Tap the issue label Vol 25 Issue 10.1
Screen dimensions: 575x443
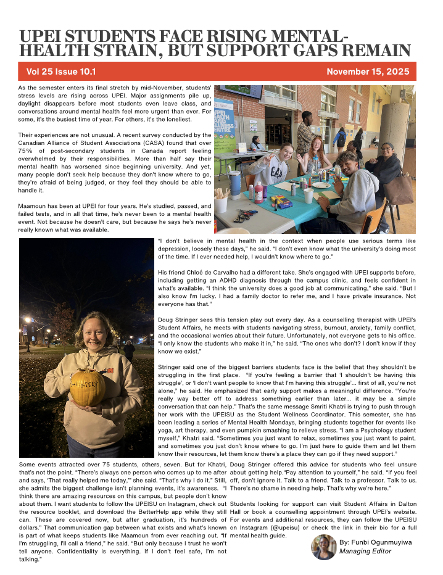(x=61, y=72)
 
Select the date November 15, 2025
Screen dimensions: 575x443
(x=367, y=72)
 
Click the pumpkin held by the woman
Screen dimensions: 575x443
(x=87, y=387)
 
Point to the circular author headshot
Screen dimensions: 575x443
(x=323, y=547)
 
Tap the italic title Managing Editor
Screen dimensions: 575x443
(x=365, y=551)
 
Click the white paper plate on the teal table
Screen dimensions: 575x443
(x=321, y=184)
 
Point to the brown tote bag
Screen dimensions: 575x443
(x=399, y=190)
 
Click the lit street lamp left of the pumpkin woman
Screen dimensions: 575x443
(x=27, y=321)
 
